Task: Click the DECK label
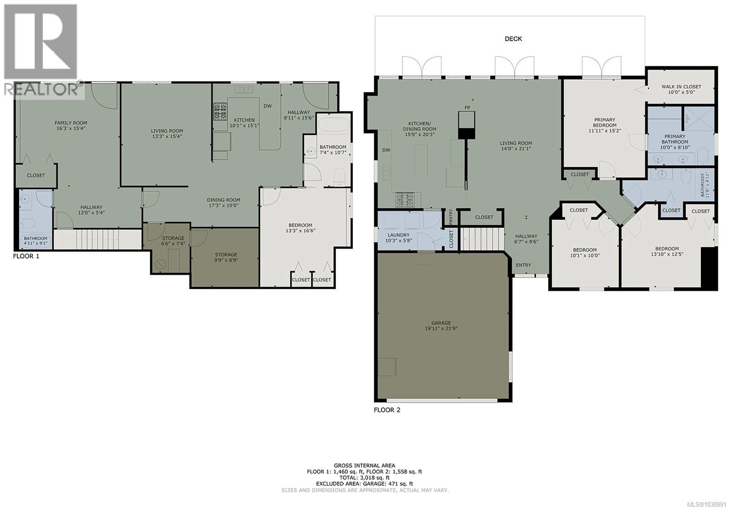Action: click(x=513, y=39)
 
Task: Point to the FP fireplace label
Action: click(x=467, y=108)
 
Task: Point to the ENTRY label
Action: click(x=523, y=265)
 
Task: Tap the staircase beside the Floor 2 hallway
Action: click(x=482, y=240)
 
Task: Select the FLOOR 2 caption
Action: click(x=387, y=410)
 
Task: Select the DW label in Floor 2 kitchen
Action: click(x=386, y=150)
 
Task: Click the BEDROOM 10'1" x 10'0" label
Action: click(x=585, y=252)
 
